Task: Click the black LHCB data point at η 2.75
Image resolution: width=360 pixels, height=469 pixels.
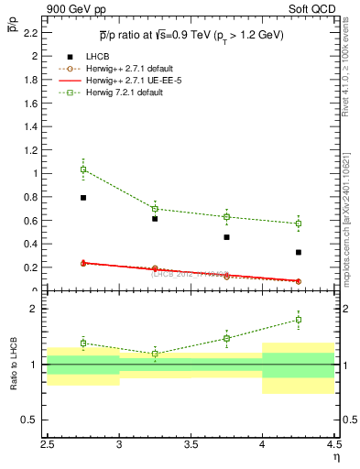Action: [x=83, y=197]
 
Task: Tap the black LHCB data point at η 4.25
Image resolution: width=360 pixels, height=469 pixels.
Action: [x=299, y=252]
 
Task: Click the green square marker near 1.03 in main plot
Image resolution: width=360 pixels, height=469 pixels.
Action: [x=83, y=169]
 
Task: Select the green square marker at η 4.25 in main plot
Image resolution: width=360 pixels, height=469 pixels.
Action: [x=299, y=224]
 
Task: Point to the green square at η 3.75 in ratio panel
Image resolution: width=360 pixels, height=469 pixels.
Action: [x=226, y=338]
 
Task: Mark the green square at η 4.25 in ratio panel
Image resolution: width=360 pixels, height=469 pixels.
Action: [x=299, y=320]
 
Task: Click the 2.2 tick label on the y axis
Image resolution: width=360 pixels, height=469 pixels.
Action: [x=30, y=32]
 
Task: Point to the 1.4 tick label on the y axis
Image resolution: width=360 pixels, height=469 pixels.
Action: [x=30, y=126]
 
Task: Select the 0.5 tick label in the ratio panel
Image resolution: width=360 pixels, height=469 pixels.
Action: [x=30, y=420]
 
